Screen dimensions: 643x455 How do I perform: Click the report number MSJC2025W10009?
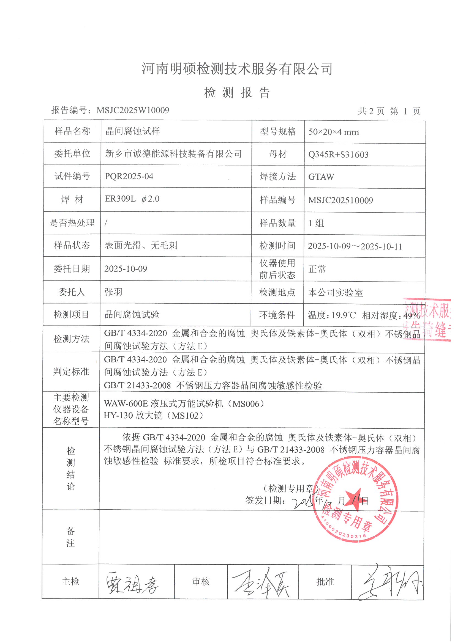[133, 110]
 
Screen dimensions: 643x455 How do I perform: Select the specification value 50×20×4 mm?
[333, 132]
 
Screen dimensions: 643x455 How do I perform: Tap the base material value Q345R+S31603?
[338, 155]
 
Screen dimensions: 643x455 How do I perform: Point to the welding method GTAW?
[321, 177]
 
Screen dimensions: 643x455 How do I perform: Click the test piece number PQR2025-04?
[129, 177]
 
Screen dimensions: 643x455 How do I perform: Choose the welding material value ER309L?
[120, 199]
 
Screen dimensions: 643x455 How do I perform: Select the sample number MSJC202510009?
[340, 200]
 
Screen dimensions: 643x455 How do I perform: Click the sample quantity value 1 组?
[316, 223]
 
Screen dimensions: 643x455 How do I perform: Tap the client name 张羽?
[113, 292]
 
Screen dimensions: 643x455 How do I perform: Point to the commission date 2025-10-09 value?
[126, 269]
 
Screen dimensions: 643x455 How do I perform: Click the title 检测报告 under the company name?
[237, 93]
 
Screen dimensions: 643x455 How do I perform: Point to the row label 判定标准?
[71, 372]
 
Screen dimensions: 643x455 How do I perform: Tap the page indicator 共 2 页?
[370, 111]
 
